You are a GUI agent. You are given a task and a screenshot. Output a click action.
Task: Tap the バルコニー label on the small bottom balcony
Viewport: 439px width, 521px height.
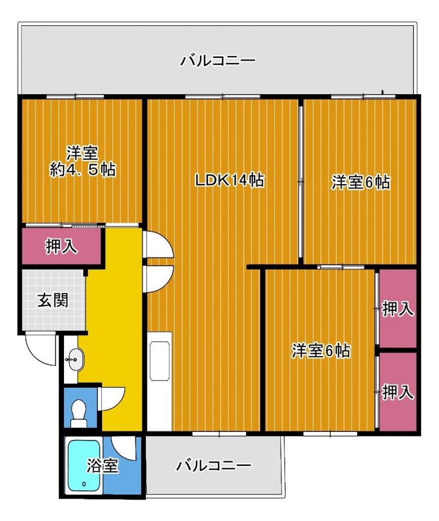point(214,465)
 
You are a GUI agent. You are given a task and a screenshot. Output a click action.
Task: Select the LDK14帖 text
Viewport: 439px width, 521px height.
point(230,180)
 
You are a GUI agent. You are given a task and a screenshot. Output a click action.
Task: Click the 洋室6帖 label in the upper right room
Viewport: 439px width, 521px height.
point(361,182)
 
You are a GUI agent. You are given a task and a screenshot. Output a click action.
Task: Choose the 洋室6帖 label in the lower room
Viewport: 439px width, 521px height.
point(321,351)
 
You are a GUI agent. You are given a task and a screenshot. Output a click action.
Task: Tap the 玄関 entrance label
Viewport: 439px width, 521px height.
point(53,301)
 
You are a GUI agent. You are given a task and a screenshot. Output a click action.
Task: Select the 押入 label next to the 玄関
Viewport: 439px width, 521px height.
point(61,247)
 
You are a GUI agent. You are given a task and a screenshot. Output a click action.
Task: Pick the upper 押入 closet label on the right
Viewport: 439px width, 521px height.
point(398,309)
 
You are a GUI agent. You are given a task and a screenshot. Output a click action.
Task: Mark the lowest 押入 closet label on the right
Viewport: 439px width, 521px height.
point(398,392)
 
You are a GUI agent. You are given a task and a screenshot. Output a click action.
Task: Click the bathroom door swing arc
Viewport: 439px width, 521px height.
point(124,447)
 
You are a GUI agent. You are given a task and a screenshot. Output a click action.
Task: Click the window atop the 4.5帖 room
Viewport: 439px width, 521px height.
point(75,97)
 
